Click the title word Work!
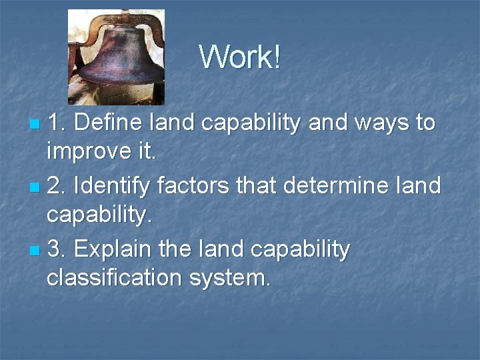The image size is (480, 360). point(240,57)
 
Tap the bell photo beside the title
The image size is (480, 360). point(117,57)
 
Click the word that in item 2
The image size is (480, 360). point(261,186)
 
